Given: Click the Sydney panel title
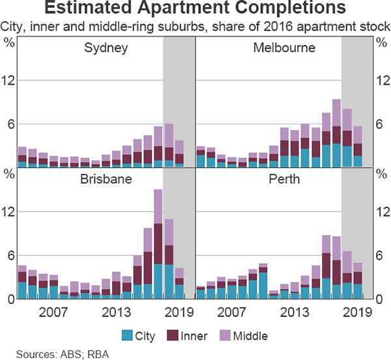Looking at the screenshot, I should [106, 49].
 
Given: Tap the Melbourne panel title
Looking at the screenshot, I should [284, 49].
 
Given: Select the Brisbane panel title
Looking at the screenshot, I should [106, 180].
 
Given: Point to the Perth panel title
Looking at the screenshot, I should [284, 180].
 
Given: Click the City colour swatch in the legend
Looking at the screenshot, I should [127, 336].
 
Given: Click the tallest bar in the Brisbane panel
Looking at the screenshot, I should [158, 244].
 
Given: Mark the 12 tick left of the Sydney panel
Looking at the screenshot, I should [10, 80].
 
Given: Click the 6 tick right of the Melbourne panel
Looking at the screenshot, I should [381, 124].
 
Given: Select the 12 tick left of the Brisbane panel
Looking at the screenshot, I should [10, 212].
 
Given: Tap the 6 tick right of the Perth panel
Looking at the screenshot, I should [381, 255].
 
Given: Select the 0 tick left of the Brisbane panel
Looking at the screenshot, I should [10, 298].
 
